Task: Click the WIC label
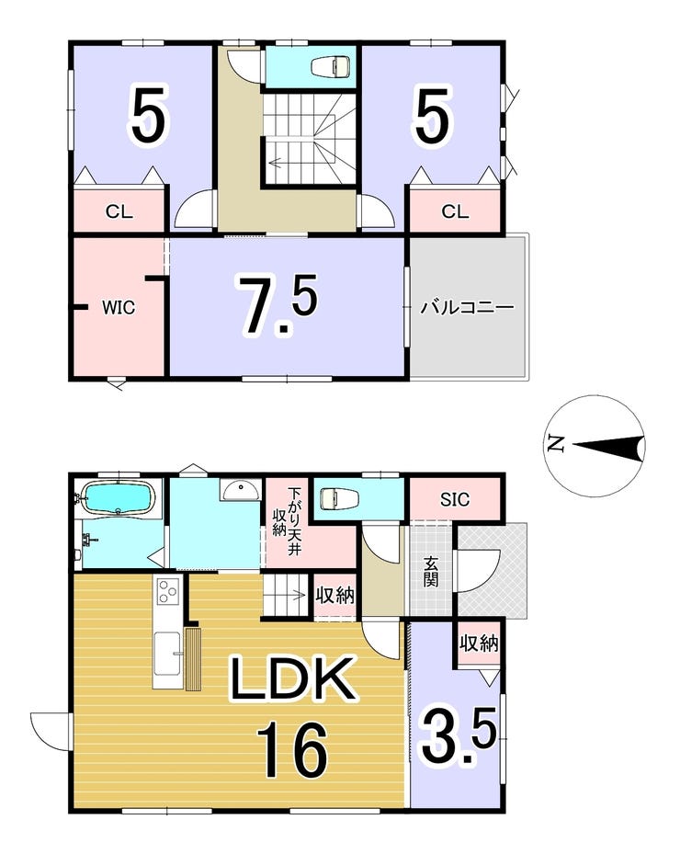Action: click(119, 307)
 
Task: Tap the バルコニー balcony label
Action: click(467, 308)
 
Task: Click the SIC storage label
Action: click(455, 499)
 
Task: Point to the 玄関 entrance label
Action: click(431, 572)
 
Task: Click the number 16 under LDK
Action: click(292, 751)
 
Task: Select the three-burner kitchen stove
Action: click(167, 591)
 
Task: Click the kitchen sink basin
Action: click(167, 653)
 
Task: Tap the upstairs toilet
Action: click(331, 66)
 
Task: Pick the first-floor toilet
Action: click(339, 498)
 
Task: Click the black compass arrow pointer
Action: click(608, 446)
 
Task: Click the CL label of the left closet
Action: click(119, 211)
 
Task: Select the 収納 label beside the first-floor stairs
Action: click(334, 595)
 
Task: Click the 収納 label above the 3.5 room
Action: click(479, 643)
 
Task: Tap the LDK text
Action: click(293, 678)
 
